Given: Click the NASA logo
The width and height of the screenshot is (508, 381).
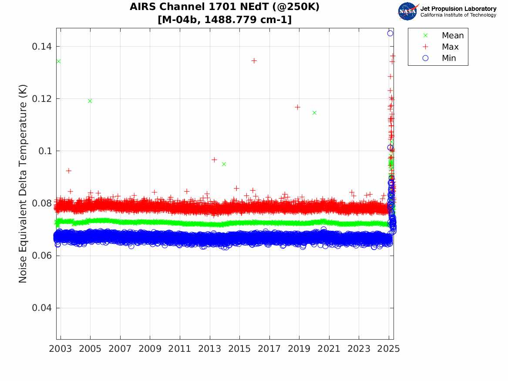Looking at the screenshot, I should tap(407, 11).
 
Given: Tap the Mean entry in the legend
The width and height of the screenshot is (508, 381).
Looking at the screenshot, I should tap(452, 36).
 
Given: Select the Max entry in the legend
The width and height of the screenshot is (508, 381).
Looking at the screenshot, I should tap(450, 47).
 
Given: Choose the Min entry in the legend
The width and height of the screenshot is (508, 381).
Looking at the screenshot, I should tap(449, 58).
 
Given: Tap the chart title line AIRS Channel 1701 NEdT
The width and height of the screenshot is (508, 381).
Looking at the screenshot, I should tap(225, 7).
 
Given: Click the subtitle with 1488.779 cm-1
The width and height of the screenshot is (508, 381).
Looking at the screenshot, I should tap(225, 20).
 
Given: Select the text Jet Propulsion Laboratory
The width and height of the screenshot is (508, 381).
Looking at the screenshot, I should tap(458, 9).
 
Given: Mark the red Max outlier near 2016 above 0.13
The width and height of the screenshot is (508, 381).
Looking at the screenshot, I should tap(254, 61).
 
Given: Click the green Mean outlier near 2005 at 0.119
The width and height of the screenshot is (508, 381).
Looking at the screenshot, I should tap(90, 101).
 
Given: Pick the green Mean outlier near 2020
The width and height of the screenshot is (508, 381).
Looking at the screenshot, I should tap(314, 112).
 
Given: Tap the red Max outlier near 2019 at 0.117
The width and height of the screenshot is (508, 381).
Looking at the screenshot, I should tap(298, 107).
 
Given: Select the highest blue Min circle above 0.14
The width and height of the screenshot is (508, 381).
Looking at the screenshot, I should tap(390, 33).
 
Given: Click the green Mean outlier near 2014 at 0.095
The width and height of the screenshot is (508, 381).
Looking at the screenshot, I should tap(224, 164).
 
